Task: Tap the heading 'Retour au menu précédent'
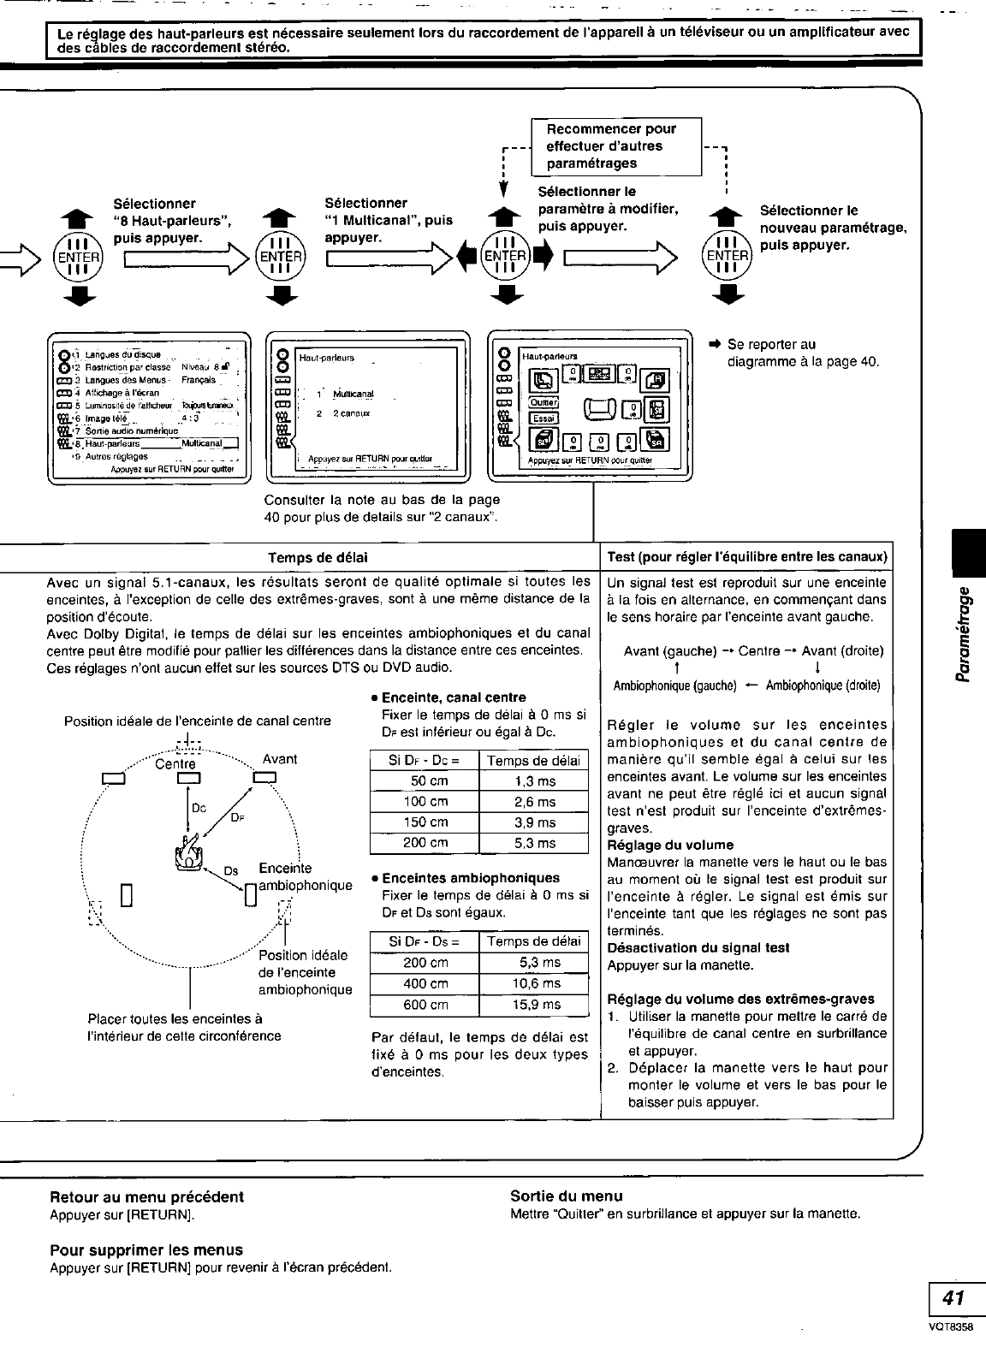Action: [146, 1196]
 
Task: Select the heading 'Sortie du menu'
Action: [566, 1196]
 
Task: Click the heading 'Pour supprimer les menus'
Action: [146, 1249]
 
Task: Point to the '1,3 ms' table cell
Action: [534, 781]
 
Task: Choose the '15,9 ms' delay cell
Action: [534, 1005]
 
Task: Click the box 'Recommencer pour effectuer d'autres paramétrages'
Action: [616, 146]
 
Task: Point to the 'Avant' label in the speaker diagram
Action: [280, 758]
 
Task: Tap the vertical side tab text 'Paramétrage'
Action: [965, 634]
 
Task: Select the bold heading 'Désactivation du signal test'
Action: [698, 948]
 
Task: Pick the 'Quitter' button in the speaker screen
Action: [543, 402]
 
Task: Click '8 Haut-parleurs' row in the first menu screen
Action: [146, 443]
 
